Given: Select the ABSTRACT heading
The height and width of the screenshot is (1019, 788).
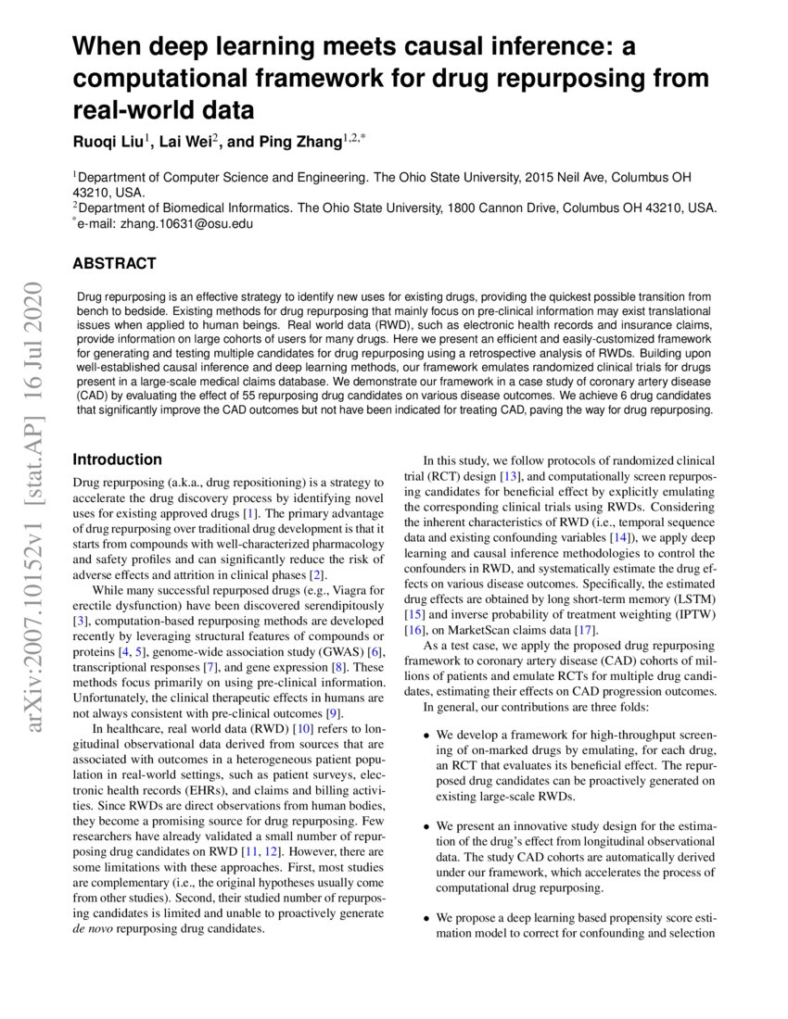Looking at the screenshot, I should click(x=114, y=264).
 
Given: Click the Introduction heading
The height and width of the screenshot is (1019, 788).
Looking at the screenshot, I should click(x=117, y=459).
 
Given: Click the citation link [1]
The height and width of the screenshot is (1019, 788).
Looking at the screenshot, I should click(x=249, y=512).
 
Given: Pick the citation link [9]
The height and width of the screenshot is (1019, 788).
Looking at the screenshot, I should click(x=334, y=712).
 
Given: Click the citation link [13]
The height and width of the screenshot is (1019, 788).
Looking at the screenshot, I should click(x=509, y=475).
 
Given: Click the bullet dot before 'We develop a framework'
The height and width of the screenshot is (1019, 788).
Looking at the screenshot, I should click(x=426, y=736).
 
